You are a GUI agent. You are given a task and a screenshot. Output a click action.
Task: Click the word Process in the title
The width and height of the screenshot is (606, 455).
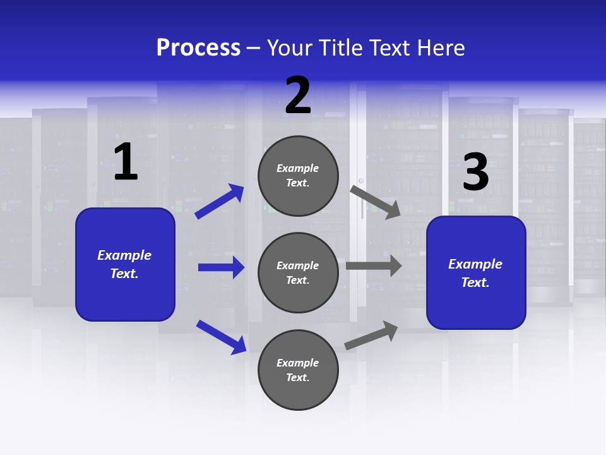tap(198, 48)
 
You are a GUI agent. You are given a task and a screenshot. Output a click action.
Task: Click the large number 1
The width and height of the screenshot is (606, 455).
tap(126, 162)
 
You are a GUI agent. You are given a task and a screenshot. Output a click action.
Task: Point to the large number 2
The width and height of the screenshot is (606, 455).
tap(298, 95)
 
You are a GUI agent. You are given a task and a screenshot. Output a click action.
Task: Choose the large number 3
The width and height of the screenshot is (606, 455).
tap(475, 172)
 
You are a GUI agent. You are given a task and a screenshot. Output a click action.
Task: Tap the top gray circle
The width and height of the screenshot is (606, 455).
tap(298, 176)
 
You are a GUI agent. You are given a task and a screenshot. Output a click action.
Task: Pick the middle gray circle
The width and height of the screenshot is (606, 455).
tap(298, 272)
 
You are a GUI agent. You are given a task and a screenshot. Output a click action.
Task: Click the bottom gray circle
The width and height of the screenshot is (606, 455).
tap(298, 370)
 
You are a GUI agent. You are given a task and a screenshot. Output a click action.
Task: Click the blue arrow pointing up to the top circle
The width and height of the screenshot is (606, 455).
tap(219, 202)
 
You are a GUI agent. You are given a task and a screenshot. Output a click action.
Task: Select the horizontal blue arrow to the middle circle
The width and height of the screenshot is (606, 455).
tap(221, 267)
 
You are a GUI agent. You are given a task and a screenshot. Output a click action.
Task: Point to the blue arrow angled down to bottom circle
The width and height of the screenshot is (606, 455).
tap(221, 337)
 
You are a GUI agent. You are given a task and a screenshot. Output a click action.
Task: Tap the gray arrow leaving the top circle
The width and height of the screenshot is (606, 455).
tap(376, 202)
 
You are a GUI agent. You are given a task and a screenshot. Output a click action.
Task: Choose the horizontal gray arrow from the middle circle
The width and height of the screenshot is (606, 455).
tap(374, 266)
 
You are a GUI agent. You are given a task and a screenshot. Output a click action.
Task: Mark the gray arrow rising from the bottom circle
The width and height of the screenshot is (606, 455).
tap(371, 335)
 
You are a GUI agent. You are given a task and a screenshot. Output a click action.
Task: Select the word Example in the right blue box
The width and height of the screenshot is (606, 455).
tap(475, 264)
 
